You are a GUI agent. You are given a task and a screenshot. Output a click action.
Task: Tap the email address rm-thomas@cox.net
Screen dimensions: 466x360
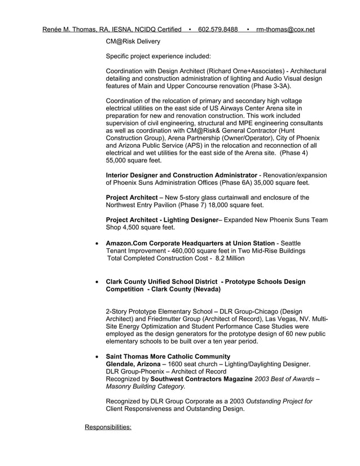[x=285, y=29]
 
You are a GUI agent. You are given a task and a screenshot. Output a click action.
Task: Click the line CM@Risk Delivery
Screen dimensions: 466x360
[x=133, y=41]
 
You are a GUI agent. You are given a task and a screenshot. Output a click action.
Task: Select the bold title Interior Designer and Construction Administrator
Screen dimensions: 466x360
[x=182, y=175]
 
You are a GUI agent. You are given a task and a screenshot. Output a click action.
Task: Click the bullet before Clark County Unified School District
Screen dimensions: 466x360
[x=98, y=282]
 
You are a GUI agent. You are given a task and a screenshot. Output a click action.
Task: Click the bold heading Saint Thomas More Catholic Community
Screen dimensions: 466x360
[x=168, y=357]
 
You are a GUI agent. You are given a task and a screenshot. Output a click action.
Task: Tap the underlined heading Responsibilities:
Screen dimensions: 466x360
[x=108, y=427]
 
